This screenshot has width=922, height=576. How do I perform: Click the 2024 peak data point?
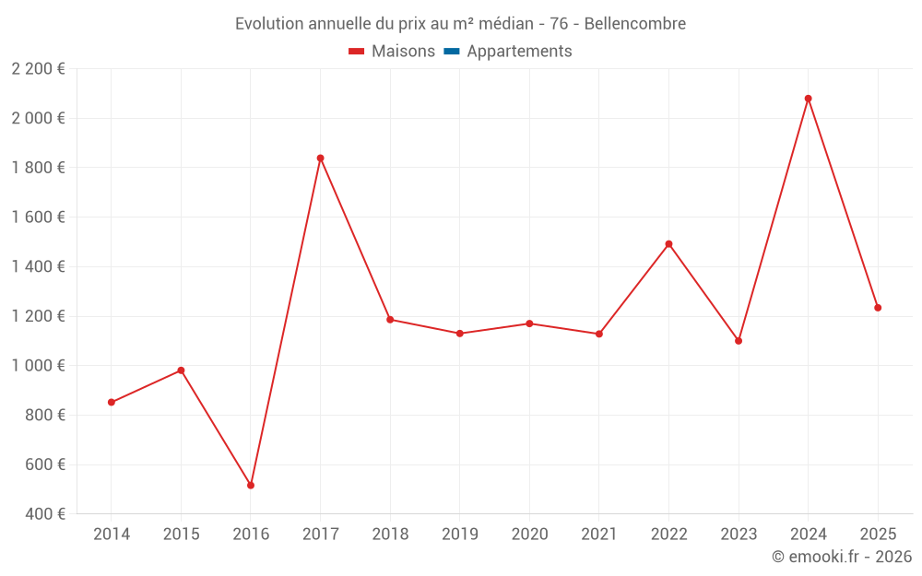click(808, 99)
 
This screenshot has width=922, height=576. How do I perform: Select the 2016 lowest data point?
click(251, 485)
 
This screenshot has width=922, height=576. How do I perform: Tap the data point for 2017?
click(320, 158)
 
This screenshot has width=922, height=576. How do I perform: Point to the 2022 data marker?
click(668, 244)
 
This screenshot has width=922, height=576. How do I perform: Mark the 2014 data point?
click(112, 402)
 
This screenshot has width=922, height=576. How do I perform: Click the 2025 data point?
click(878, 308)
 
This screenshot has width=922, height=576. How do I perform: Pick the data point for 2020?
click(529, 323)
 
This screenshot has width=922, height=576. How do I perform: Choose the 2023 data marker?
click(739, 341)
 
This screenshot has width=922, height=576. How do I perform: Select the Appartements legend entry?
click(519, 52)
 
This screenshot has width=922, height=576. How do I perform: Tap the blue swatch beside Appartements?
click(452, 52)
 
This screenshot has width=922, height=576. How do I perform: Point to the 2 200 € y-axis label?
click(38, 69)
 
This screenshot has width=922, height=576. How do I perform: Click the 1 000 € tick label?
click(38, 366)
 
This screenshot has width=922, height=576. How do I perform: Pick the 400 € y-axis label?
click(43, 514)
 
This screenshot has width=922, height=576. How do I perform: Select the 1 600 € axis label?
click(38, 217)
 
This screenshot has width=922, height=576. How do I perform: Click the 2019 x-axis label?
click(459, 535)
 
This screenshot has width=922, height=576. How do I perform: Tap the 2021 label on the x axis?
click(598, 535)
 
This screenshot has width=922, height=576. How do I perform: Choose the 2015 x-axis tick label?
click(181, 535)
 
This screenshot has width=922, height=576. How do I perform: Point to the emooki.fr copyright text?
click(841, 557)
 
